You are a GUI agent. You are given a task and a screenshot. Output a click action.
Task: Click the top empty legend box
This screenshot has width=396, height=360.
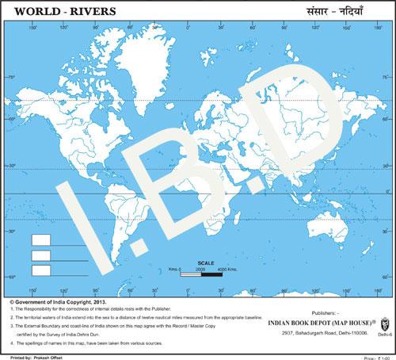coord(41,239)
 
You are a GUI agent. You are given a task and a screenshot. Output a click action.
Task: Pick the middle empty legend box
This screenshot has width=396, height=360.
coord(41,255)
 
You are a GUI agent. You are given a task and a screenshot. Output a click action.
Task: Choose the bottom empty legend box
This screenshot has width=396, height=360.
coord(41,271)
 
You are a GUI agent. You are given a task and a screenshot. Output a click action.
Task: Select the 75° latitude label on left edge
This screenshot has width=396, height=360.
coord(11,76)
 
